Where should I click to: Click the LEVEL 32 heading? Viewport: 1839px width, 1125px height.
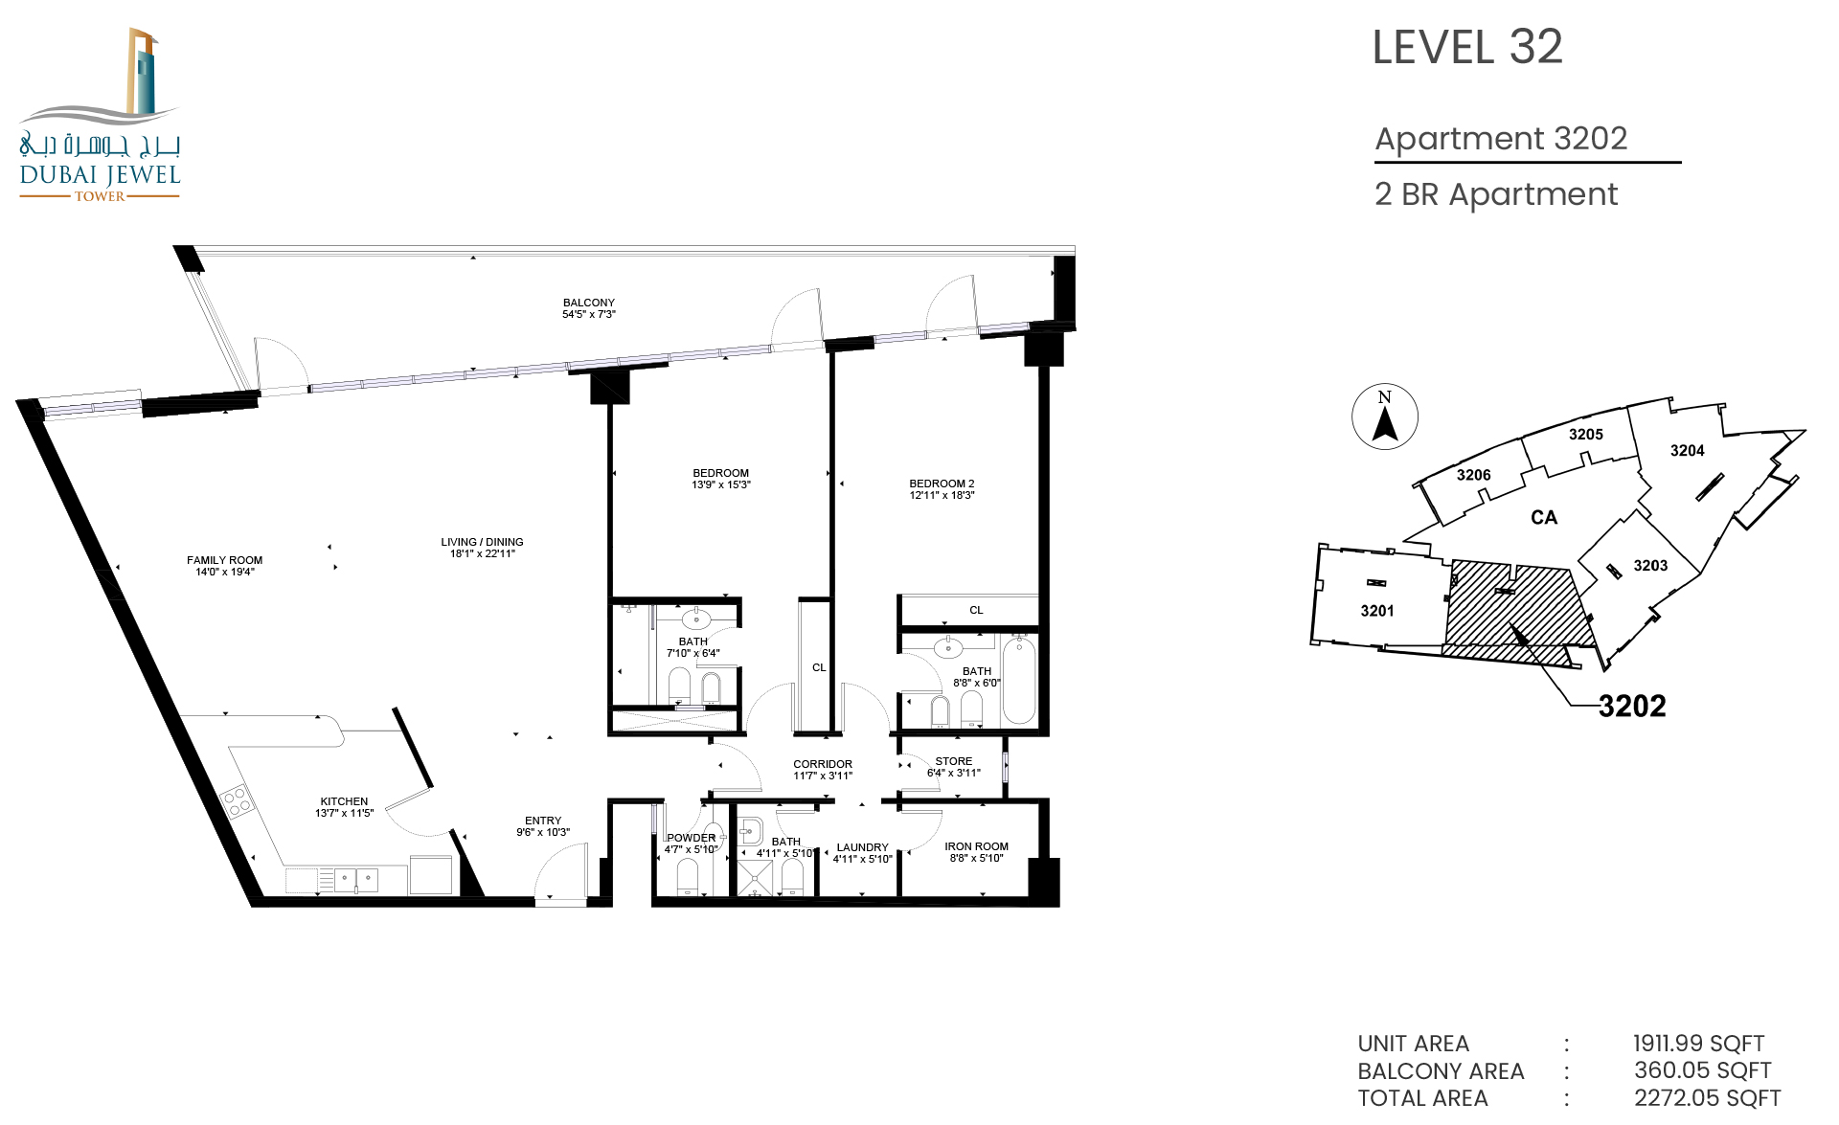[1467, 47]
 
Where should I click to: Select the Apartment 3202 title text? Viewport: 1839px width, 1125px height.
[1501, 139]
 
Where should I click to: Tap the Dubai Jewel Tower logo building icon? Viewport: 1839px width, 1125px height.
[142, 72]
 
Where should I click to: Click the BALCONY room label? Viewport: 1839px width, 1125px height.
[589, 303]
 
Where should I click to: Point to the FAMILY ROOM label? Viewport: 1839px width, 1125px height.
[224, 560]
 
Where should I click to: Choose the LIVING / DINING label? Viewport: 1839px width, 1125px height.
[482, 542]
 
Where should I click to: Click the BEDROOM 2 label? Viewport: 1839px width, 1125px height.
[942, 484]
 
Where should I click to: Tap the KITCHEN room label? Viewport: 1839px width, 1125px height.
[344, 801]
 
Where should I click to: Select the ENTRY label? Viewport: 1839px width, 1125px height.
[543, 821]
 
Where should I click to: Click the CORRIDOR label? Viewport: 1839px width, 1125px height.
[823, 764]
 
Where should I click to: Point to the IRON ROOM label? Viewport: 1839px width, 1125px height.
[976, 846]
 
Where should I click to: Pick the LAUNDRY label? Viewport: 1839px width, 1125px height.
[862, 847]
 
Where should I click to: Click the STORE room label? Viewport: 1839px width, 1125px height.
[954, 761]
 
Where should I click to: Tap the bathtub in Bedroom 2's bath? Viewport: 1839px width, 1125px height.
[1019, 682]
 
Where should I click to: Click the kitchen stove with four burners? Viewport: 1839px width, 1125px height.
[237, 800]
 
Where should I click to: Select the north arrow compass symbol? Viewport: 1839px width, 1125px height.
[1385, 416]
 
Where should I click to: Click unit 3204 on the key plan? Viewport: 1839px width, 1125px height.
[1687, 451]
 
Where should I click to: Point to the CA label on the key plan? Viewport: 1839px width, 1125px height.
[1544, 518]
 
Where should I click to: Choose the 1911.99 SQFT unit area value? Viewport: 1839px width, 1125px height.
[1698, 1044]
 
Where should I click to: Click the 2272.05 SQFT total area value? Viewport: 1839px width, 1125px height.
[1707, 1098]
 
